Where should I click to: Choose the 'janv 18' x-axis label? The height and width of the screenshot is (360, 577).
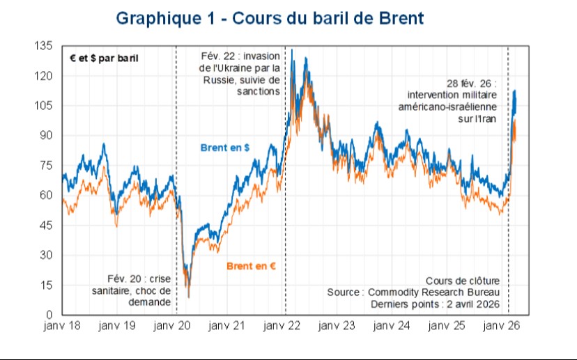62,326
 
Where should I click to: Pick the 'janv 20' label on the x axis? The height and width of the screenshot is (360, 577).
172,326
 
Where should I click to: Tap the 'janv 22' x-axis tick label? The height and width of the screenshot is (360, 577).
284,326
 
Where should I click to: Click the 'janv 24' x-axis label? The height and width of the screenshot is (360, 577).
395,326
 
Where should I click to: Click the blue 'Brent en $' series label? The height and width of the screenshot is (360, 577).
225,148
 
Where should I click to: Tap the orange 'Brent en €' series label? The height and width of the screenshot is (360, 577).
252,265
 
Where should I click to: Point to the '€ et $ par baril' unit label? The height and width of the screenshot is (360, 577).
104,58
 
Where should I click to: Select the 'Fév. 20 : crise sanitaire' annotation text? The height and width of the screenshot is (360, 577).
132,290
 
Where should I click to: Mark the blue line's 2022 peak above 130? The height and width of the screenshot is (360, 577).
292,50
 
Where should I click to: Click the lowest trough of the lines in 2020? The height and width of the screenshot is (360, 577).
188,297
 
